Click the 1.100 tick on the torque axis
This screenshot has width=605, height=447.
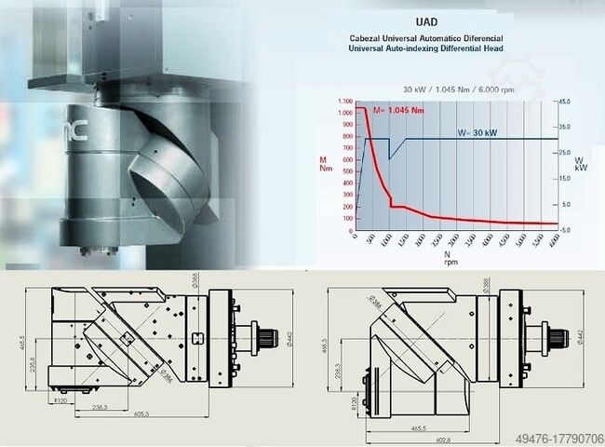pyautogui.click(x=346, y=101)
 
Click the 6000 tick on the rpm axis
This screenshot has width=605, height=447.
pyautogui.click(x=554, y=239)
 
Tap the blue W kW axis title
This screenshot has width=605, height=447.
pyautogui.click(x=581, y=163)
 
